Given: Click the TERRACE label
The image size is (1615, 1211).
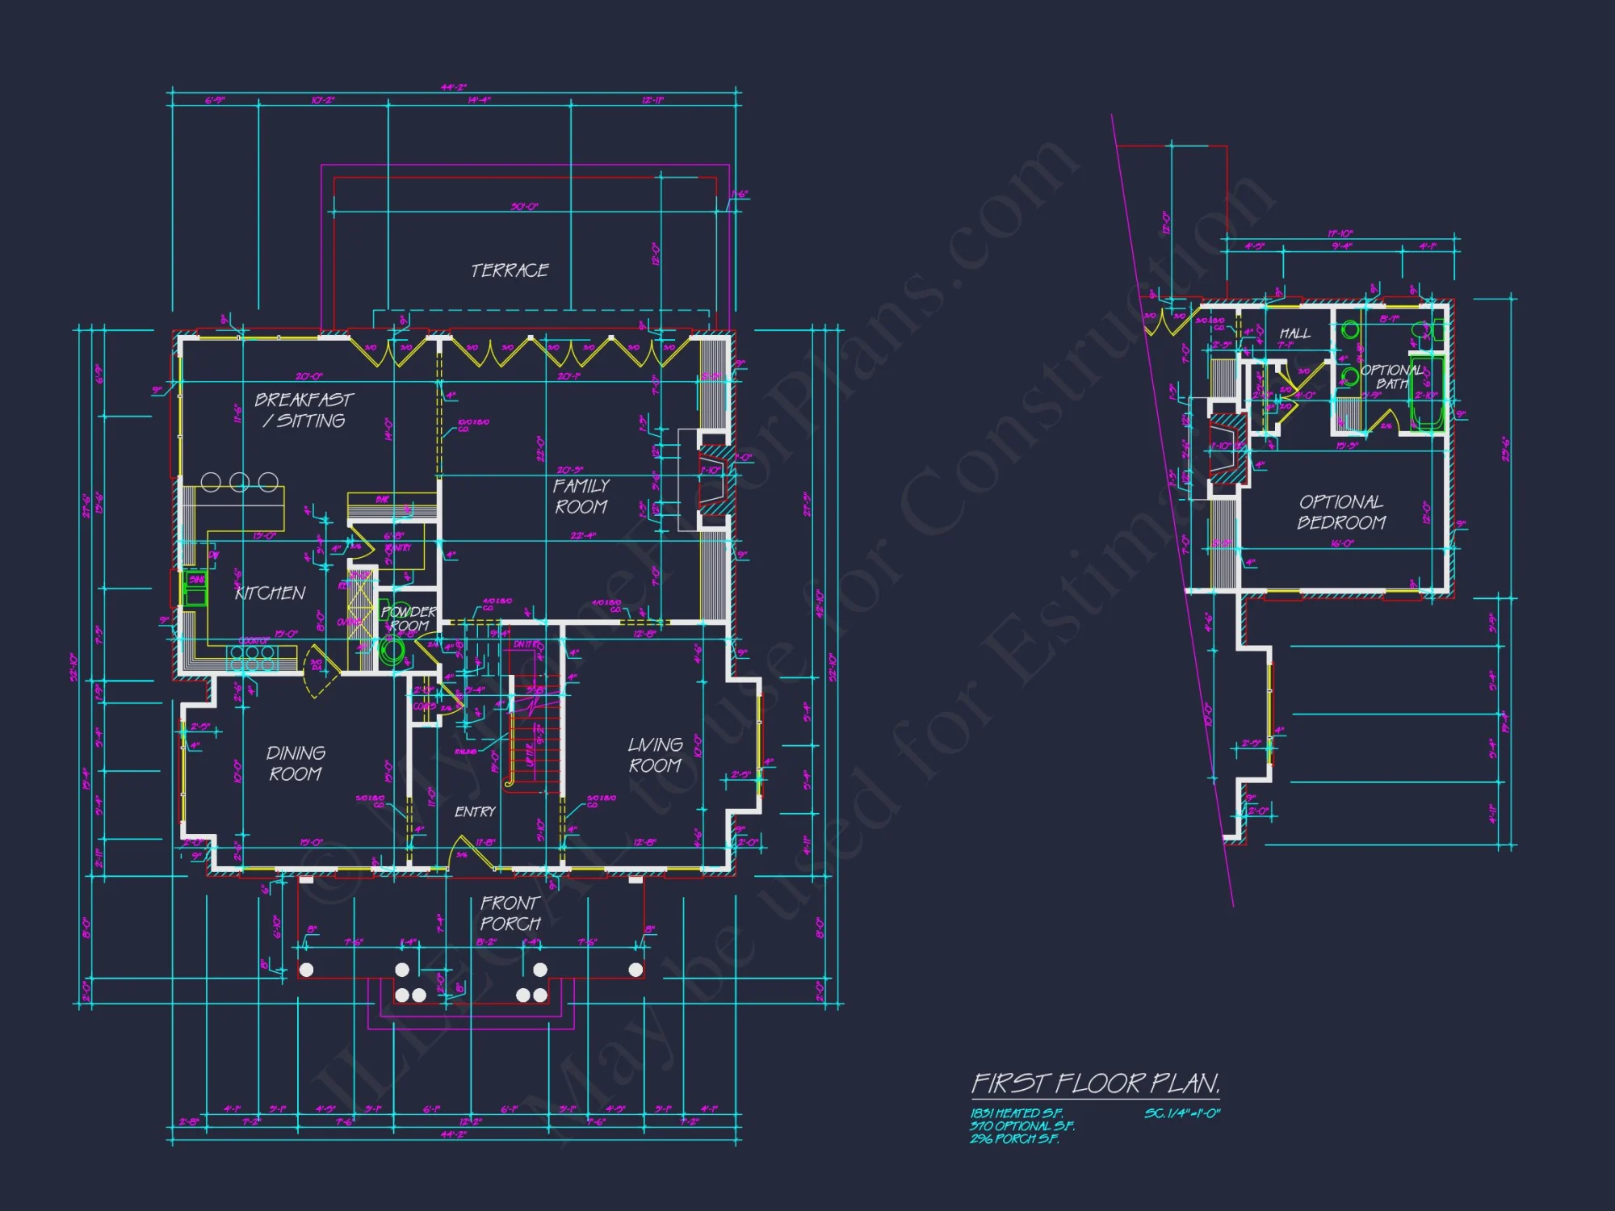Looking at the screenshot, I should tap(510, 270).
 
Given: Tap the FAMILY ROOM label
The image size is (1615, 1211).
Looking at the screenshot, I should tap(581, 497).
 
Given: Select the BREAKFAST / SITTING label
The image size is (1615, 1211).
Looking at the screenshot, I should tap(304, 410).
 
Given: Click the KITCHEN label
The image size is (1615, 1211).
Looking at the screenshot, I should tap(270, 593).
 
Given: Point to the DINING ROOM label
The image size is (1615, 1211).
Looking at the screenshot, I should tap(296, 764).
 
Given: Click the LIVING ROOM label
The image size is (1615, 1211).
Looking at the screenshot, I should tap(655, 755).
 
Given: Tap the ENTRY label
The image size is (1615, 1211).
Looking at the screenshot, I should tap(475, 812).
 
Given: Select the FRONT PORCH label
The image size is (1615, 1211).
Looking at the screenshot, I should tap(510, 913).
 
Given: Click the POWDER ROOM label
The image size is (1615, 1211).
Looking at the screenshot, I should tap(409, 619).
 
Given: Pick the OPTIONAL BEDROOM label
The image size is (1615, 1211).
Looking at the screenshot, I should tap(1341, 513).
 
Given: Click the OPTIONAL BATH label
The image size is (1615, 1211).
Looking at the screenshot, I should tap(1392, 377).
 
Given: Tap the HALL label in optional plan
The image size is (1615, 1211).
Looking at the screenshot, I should tap(1294, 333).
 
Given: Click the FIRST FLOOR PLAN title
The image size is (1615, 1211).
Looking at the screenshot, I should tap(1095, 1083).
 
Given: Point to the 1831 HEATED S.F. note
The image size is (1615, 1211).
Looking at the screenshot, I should tap(1016, 1113).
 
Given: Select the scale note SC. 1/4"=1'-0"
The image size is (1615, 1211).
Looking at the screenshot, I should tap(1181, 1113).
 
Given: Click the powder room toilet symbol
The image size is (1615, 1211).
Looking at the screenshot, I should tap(393, 651).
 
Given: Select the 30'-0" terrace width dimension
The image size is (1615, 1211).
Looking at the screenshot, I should tap(524, 207).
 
